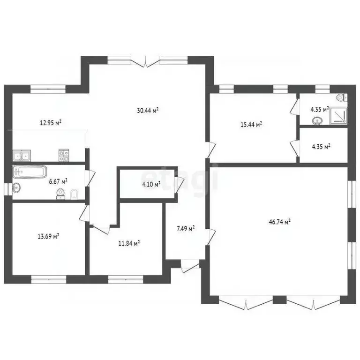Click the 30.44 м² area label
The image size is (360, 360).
tap(148, 111)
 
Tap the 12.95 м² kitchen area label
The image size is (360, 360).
tap(51, 123)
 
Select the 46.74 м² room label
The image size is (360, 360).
tap(280, 222)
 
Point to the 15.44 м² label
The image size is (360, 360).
tap(251, 125)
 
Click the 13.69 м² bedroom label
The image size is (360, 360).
tap(48, 236)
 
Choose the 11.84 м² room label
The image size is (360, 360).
tap(129, 243)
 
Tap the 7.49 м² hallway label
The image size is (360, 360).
tap(186, 228)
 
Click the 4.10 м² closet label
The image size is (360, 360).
tap(151, 184)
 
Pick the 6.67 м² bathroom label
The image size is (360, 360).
tap(58, 181)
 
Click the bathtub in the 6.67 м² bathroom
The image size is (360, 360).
tap(30, 172)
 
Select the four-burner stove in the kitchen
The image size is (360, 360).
tap(64, 155)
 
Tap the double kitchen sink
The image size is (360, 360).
tap(22, 156)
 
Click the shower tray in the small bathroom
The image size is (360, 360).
tap(338, 116)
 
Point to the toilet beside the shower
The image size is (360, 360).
tap(341, 97)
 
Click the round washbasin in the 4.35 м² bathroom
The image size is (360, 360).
tap(317, 120)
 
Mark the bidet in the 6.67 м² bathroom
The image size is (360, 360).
tap(74, 195)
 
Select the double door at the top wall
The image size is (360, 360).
tap(145, 62)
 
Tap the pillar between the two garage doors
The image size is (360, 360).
tap(279, 300)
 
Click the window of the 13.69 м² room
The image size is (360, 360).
tap(49, 279)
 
